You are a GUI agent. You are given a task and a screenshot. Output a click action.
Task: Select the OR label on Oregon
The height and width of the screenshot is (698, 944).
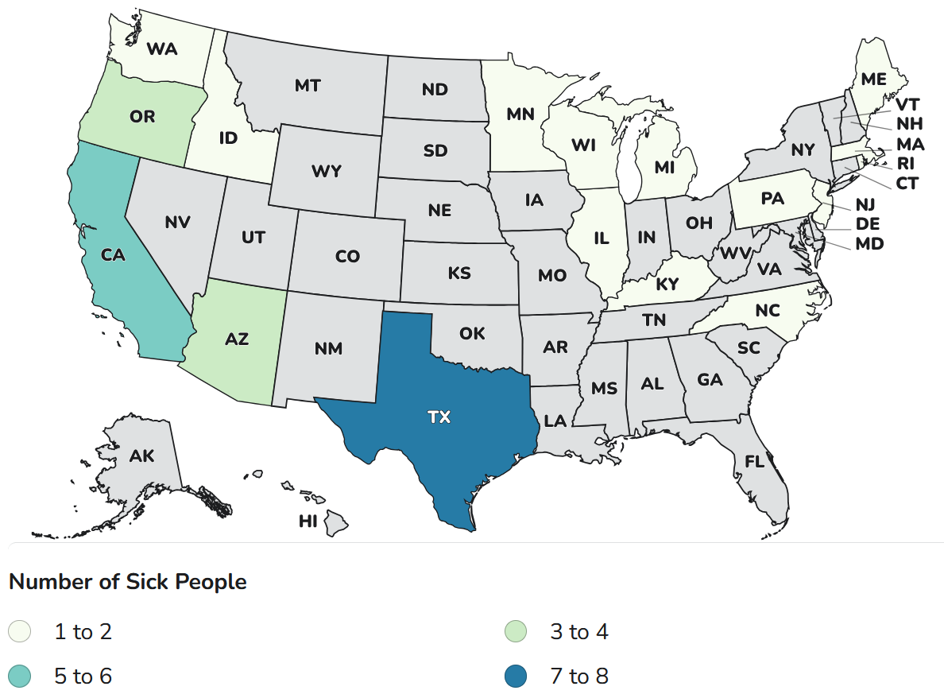(x=142, y=117)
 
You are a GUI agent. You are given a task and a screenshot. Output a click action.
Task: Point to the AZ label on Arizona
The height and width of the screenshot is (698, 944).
(x=237, y=339)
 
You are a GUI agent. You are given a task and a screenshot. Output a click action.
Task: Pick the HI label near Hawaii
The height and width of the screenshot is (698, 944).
(x=308, y=521)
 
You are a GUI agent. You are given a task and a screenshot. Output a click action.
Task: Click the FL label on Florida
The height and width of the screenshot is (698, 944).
(x=755, y=460)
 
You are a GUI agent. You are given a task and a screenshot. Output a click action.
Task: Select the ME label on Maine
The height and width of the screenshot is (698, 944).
(x=873, y=79)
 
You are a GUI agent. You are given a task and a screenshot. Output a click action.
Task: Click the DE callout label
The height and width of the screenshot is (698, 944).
(x=868, y=225)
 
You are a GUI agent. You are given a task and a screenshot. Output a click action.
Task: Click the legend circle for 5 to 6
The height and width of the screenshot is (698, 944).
(x=20, y=677)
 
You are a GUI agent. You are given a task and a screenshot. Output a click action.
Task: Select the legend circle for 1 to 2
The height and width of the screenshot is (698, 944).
(x=20, y=632)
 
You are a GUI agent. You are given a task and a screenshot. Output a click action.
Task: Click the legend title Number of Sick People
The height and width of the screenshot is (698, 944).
(x=127, y=582)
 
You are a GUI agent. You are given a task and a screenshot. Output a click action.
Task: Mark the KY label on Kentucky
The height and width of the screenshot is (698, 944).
(x=667, y=284)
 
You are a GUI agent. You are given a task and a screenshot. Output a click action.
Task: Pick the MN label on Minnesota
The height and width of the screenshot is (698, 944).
(x=520, y=114)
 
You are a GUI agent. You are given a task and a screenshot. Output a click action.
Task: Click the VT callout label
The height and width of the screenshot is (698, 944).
(x=907, y=104)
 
